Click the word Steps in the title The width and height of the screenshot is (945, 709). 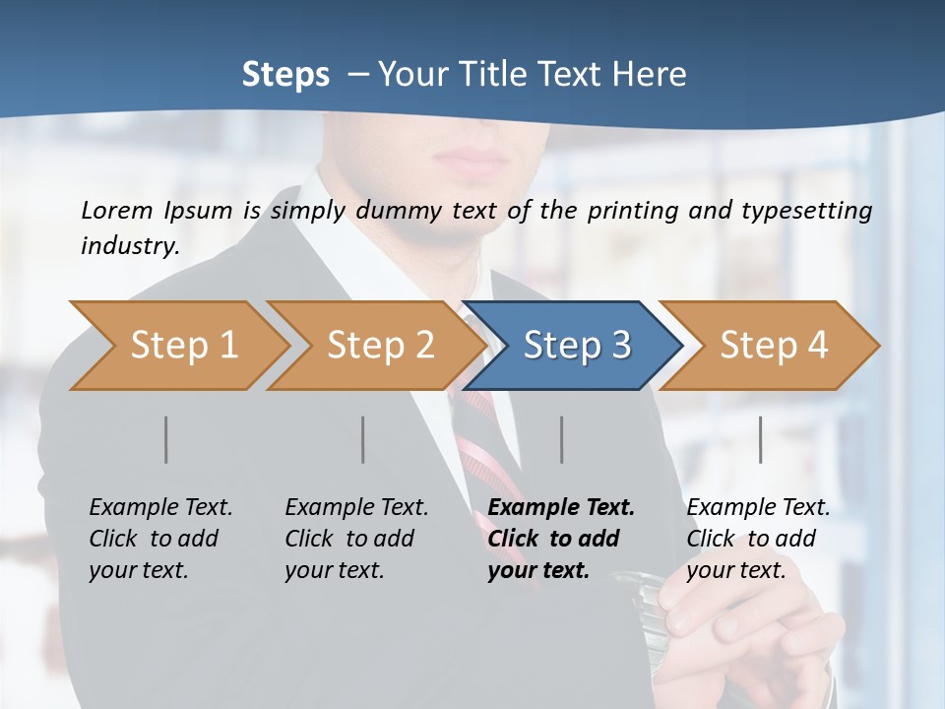tap(285, 75)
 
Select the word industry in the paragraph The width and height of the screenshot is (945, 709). tap(129, 246)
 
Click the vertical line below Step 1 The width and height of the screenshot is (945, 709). tap(166, 439)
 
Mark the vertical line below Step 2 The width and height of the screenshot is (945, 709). tap(363, 439)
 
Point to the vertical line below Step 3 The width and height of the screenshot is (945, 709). tap(562, 439)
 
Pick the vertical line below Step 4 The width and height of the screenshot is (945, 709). tap(761, 439)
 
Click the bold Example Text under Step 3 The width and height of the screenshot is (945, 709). tap(561, 508)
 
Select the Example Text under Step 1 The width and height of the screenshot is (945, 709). tap(160, 508)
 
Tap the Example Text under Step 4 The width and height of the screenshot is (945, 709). tap(758, 508)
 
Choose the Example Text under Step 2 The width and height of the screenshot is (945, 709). tap(356, 508)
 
